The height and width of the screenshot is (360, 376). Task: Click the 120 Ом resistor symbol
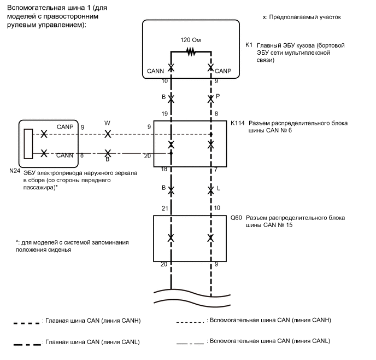(x=191, y=52)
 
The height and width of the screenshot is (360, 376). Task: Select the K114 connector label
(x=237, y=123)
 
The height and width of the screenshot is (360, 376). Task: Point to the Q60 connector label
(x=236, y=217)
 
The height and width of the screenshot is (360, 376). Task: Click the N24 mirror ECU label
(x=15, y=171)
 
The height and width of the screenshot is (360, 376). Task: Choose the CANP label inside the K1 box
(x=223, y=72)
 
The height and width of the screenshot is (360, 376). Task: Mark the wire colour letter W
(x=108, y=124)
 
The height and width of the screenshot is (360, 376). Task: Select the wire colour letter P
(x=218, y=95)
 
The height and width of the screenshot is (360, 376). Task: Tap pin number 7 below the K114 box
(x=216, y=171)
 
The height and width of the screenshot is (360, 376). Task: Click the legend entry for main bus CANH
(x=93, y=321)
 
